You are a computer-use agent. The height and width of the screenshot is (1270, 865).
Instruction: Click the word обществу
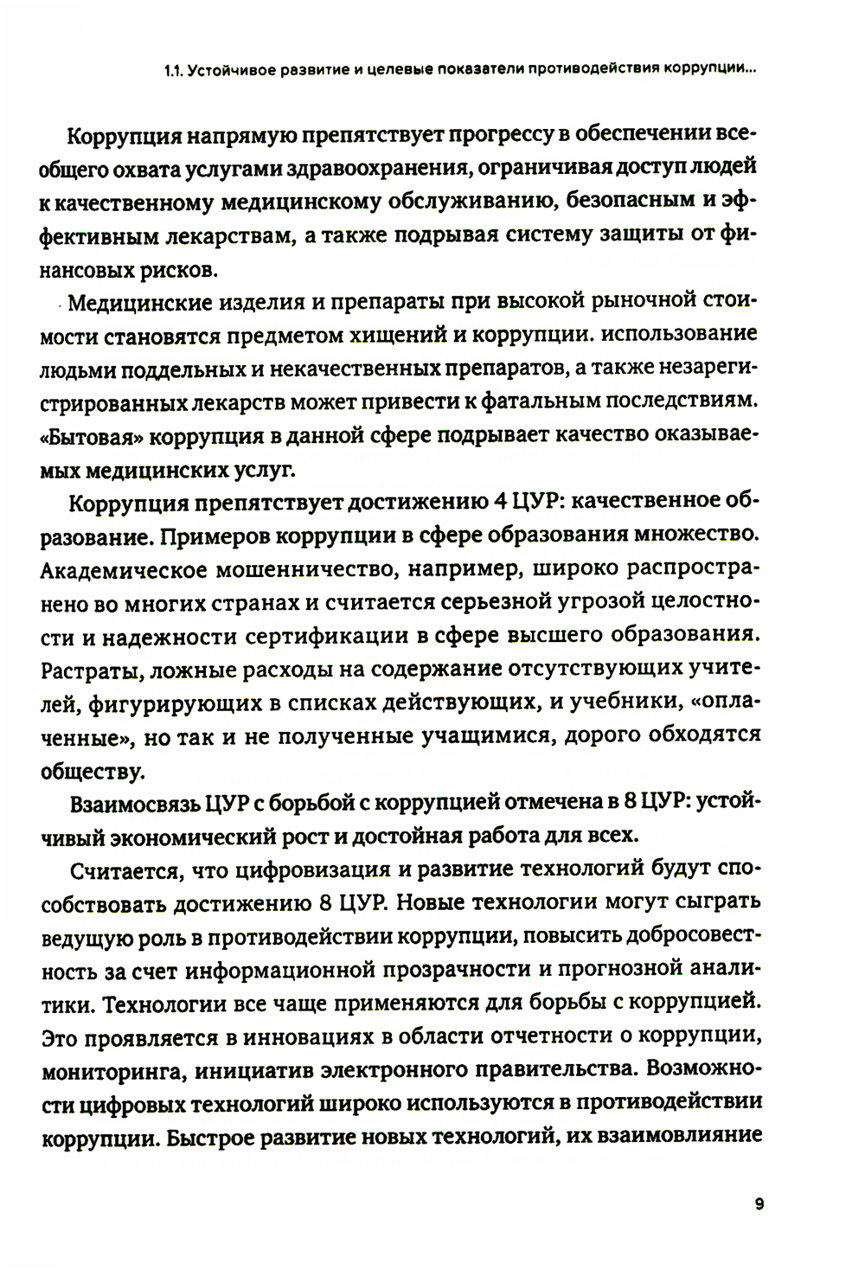pos(89,768)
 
